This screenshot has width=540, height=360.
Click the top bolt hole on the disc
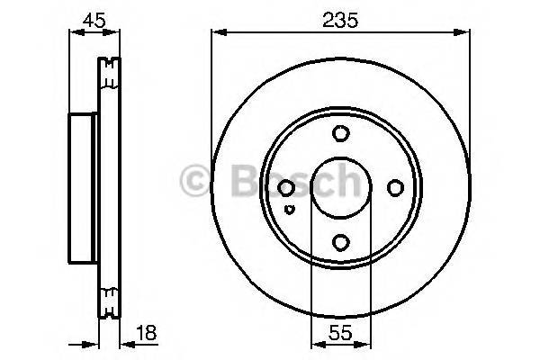click(340, 134)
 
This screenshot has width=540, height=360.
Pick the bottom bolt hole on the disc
click(340, 242)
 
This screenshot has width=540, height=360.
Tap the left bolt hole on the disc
click(286, 188)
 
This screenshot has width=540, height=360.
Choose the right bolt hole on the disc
click(394, 188)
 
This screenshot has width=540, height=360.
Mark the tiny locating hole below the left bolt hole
click(289, 209)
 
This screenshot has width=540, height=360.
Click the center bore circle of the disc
click(340, 188)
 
